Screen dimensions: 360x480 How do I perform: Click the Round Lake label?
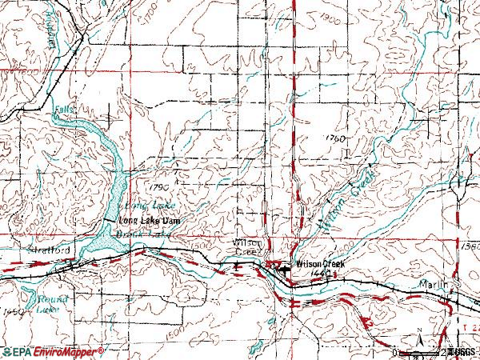pos(46,302)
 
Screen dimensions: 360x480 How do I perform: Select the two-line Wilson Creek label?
pos(247,246)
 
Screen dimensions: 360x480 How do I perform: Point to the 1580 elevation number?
pos(470,247)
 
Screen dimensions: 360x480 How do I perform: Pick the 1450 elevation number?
pos(12,312)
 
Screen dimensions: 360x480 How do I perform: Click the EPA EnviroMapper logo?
pos(52,351)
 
